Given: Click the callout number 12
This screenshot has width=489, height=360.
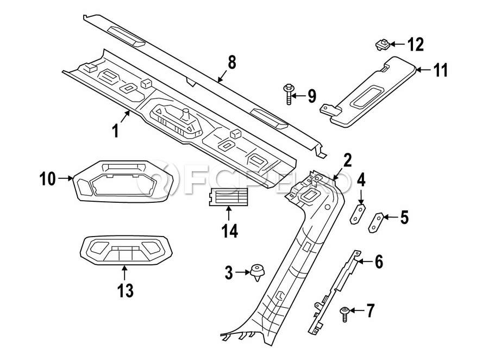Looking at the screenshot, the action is tap(416, 45).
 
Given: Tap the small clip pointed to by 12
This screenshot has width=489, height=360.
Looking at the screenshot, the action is tap(382, 45).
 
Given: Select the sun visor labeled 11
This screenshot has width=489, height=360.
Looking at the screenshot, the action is tap(368, 92).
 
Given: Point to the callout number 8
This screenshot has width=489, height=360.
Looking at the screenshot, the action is tap(232, 63).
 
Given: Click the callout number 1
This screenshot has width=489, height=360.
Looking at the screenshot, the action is tap(116, 131).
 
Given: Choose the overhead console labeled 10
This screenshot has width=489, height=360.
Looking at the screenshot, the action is tap(123, 182).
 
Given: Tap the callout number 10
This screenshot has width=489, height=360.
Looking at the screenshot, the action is tap(48, 179).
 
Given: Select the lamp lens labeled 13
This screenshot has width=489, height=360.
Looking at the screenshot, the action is tap(126, 250).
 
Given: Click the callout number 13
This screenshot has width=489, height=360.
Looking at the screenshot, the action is tap(126, 291).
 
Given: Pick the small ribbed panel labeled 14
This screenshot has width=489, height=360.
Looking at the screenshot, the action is tap(228, 197).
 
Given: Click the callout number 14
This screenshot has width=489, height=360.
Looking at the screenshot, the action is tap(230, 231).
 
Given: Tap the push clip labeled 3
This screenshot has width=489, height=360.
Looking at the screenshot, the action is tap(258, 272).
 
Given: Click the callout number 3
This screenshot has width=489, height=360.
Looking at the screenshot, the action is tap(229, 273).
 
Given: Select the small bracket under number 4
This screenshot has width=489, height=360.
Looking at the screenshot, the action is tap(358, 214).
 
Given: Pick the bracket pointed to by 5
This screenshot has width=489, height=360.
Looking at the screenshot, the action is tap(376, 222).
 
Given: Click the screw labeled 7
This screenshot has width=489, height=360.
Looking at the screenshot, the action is tap(344, 314).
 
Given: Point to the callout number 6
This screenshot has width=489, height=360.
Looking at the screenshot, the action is tap(379, 262).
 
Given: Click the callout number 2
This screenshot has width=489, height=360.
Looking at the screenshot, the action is tap(348, 160).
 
